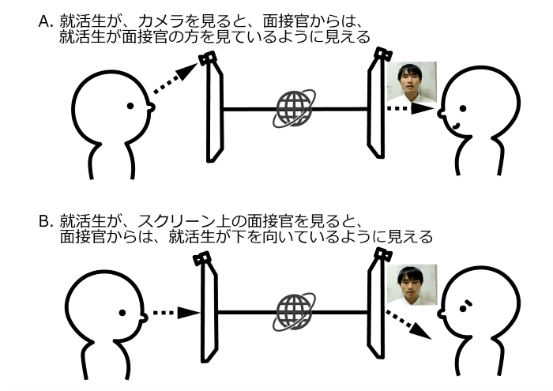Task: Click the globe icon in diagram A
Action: tap(294, 108)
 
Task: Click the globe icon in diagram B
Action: tap(294, 312)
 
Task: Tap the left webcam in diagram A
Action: tap(207, 58)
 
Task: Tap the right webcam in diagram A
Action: tap(383, 54)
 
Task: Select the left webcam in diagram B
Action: tap(202, 259)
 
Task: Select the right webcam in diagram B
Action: tap(383, 254)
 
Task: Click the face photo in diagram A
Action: tap(412, 82)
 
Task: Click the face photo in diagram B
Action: tap(412, 284)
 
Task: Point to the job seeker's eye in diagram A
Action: tap(130, 105)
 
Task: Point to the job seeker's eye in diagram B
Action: tap(122, 313)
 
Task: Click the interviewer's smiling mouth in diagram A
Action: tap(456, 125)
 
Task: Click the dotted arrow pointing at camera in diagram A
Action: tap(175, 79)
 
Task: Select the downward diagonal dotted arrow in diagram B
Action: tap(408, 325)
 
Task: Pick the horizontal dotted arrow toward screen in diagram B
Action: tap(176, 313)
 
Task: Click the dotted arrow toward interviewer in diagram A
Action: tap(411, 108)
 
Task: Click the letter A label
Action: tap(46, 22)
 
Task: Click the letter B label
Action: tap(46, 222)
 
